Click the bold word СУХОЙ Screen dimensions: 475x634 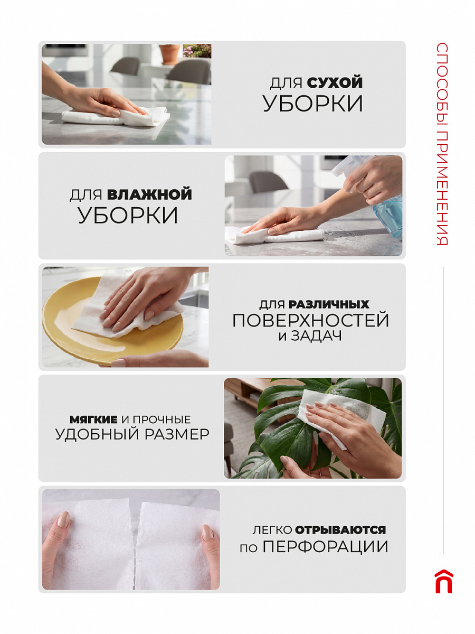coord(335,82)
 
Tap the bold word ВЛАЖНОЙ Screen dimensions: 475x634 coord(149,194)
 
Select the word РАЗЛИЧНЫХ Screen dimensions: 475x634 coord(329,304)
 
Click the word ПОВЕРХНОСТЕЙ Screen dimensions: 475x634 coord(311,320)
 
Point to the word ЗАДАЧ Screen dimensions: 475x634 coord(316,336)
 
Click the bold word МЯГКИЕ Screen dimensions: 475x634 coord(93,419)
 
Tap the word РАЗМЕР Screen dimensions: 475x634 coord(177,434)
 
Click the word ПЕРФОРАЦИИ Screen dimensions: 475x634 coord(326,547)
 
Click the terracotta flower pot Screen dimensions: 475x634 coord(169,53)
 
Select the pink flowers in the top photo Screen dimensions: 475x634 coord(197,50)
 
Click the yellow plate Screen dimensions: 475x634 coord(112,321)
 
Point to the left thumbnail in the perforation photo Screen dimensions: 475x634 coord(63,519)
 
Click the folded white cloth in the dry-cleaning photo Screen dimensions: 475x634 coord(116,116)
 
